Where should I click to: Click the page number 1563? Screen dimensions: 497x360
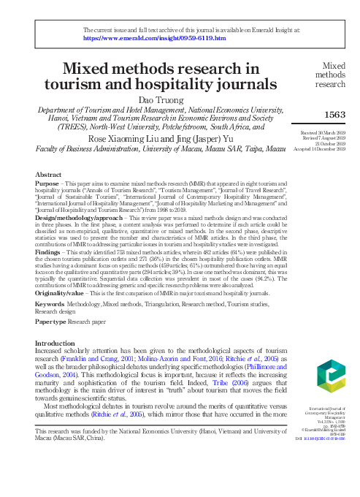pos(334,114)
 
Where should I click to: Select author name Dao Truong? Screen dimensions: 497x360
pos(160,99)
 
